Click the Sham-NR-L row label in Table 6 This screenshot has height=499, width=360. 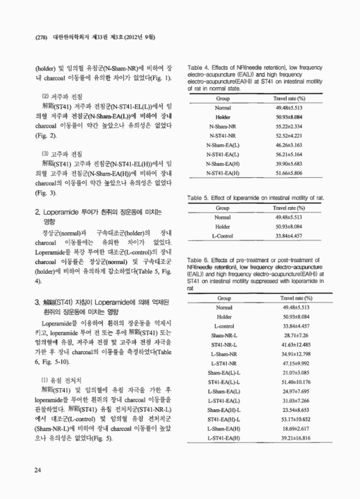point(223,335)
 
